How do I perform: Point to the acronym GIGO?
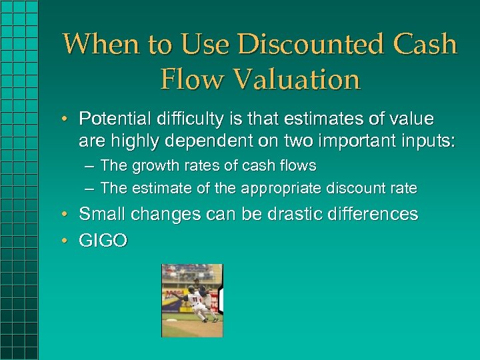(103, 240)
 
